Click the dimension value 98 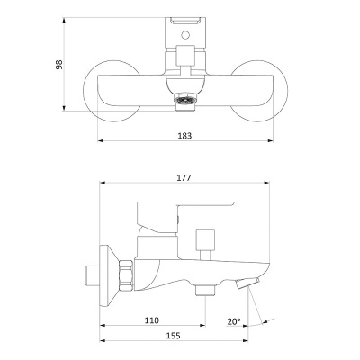[x=59, y=65]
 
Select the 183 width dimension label [x=184, y=136]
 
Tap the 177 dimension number [x=184, y=178]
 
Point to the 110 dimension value [x=152, y=320]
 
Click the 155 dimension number [x=174, y=336]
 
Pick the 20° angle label [x=234, y=321]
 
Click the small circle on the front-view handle [x=185, y=35]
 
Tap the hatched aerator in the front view [x=185, y=100]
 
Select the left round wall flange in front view [x=112, y=91]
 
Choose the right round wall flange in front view [x=259, y=91]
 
